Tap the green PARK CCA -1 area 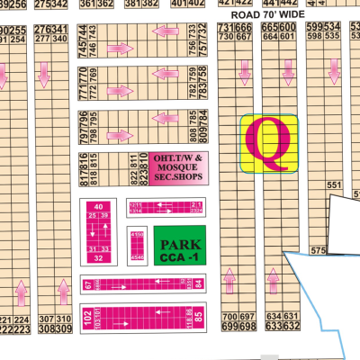[x=178, y=245]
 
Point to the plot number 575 [x=316, y=251]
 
